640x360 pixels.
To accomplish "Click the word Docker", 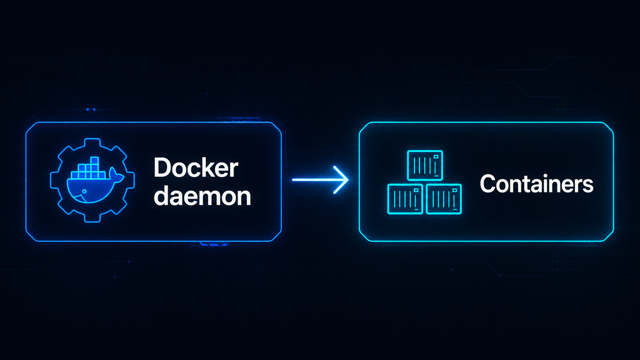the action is pos(196,167).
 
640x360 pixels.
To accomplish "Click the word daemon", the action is pos(202,196).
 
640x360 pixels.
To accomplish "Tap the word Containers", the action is pos(536,184).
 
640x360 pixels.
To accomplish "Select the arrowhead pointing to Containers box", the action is pos(342,179).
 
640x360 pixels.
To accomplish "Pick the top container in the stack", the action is pos(425,165).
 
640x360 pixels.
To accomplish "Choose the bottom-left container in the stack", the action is pos(405,199).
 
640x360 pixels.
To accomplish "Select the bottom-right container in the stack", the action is pos(444,199).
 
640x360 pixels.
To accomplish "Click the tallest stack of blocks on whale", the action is pos(95,167).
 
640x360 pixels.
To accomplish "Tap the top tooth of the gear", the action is pos(92,143).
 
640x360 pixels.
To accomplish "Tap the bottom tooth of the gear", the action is pos(92,217).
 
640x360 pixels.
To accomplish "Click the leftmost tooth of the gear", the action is pos(55,180).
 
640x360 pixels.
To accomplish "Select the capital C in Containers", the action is pos(488,184).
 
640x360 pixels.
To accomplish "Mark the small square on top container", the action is pos(436,157).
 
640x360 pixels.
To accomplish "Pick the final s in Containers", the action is pos(587,186).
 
